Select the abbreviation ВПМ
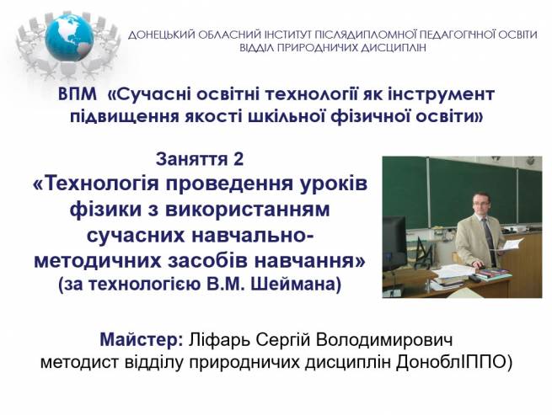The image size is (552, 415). pyautogui.click(x=78, y=94)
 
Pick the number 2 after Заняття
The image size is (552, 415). pyautogui.click(x=238, y=159)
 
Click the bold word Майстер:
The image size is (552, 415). pyautogui.click(x=142, y=339)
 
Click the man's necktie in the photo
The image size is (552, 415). pyautogui.click(x=489, y=240)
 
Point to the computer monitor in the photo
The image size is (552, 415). pyautogui.click(x=394, y=242)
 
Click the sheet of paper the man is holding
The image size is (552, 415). pyautogui.click(x=512, y=244)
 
